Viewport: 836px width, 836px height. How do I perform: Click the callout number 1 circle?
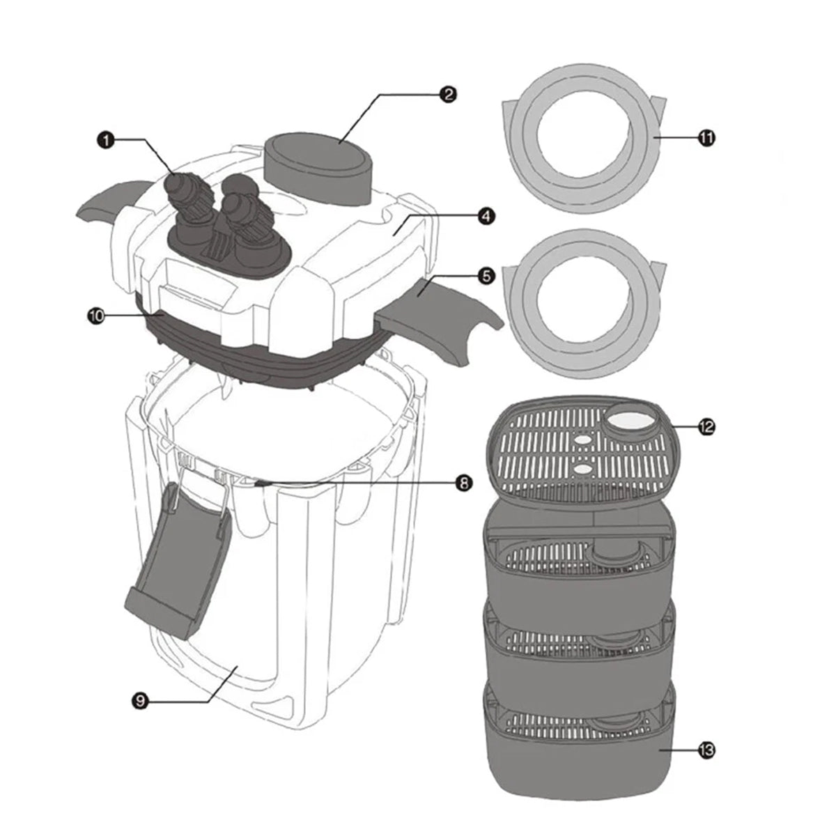pyautogui.click(x=105, y=140)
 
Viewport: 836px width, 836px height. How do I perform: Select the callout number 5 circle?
pyautogui.click(x=487, y=276)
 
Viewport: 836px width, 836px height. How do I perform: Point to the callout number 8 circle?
pyautogui.click(x=462, y=482)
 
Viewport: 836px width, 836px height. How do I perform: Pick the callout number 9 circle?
pyautogui.click(x=140, y=702)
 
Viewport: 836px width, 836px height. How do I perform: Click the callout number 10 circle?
pyautogui.click(x=95, y=316)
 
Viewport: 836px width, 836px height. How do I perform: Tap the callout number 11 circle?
pyautogui.click(x=706, y=139)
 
